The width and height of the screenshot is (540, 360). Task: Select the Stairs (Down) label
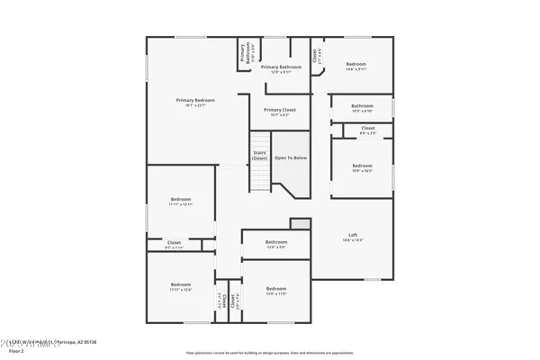click(260, 155)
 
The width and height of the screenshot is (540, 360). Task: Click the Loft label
click(353, 236)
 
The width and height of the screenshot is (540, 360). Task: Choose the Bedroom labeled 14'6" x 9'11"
click(356, 64)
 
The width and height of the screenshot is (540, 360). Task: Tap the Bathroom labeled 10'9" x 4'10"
click(362, 106)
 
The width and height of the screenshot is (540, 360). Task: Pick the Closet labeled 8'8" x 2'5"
click(367, 128)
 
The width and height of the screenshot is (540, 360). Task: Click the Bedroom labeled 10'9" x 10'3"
click(362, 166)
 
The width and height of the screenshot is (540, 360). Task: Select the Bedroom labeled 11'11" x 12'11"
click(181, 199)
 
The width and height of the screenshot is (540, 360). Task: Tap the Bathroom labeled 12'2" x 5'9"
click(276, 242)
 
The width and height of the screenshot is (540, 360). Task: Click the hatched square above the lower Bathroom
click(295, 223)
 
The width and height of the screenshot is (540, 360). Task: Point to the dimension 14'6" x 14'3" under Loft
click(353, 240)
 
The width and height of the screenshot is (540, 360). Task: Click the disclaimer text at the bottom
click(270, 352)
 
